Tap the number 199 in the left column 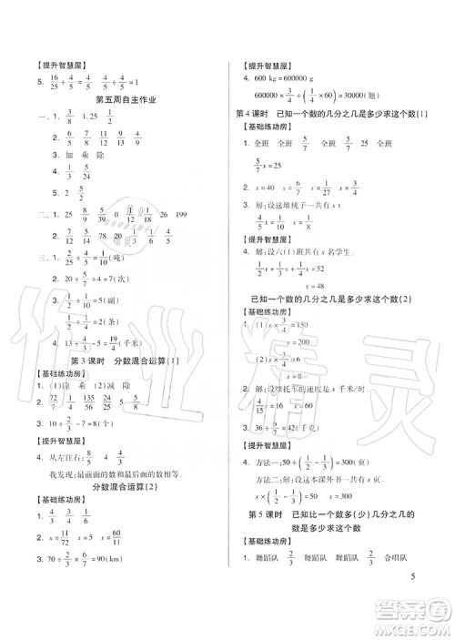(x=189, y=215)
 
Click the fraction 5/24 (x=84, y=173)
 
